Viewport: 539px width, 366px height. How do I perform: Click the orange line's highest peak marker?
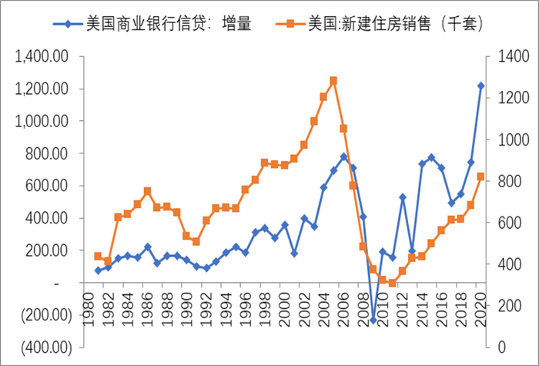333,80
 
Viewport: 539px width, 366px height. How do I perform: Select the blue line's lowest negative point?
373,320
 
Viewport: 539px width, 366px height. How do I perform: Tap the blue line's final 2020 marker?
481,86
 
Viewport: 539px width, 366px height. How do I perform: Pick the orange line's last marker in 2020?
481,176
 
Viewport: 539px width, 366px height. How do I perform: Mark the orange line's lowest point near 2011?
393,283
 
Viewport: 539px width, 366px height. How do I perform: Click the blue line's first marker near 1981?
98,270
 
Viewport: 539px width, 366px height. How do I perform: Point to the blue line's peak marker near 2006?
343,156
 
